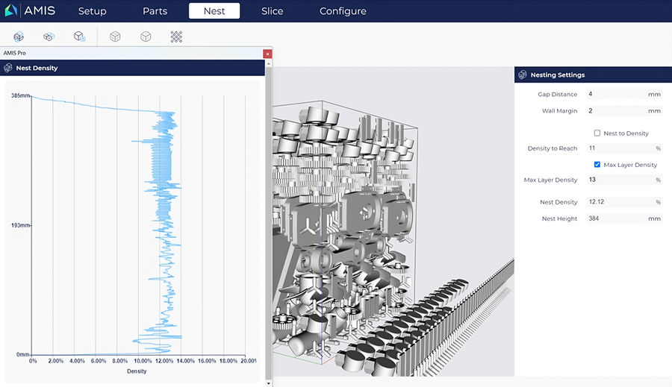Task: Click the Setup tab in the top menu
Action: point(92,11)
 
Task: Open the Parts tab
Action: point(155,11)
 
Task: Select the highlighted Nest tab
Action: point(214,11)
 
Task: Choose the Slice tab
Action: point(272,11)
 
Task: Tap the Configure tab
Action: point(343,11)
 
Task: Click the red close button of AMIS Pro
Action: point(267,54)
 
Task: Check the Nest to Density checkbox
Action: point(597,133)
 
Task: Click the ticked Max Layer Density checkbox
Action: point(597,164)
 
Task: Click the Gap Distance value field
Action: point(624,94)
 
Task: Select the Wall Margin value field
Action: point(624,110)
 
